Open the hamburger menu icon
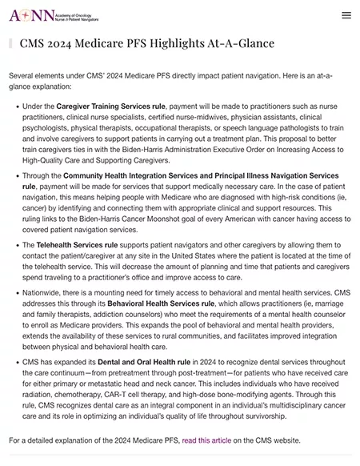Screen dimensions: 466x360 tap(346, 14)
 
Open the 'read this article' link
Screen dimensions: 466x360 tap(205, 440)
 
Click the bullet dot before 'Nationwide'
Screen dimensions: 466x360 tap(16, 293)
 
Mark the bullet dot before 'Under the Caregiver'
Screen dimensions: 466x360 tap(16, 106)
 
